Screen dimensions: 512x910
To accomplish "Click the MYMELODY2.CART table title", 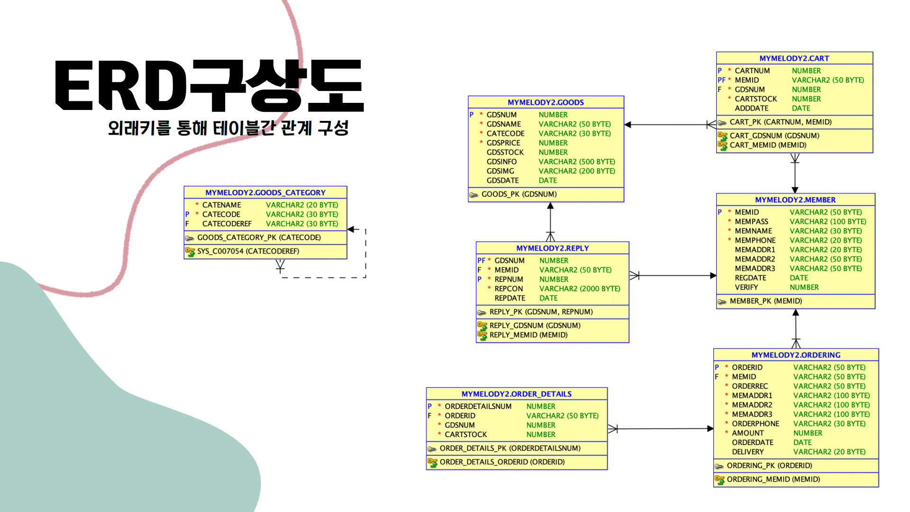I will [x=794, y=58].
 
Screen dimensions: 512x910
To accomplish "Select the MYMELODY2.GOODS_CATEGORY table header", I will [x=265, y=192].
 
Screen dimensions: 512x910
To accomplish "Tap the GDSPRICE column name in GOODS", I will [x=503, y=143].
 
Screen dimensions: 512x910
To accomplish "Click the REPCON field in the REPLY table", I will [x=509, y=289].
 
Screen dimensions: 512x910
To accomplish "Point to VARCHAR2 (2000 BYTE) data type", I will [x=579, y=289].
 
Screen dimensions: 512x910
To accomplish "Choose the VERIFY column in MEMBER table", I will [x=746, y=287].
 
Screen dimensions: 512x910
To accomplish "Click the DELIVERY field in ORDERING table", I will [x=747, y=452].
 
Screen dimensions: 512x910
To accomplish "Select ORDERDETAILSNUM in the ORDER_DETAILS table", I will [x=478, y=406].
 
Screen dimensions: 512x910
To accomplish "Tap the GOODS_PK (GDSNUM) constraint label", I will [x=519, y=194].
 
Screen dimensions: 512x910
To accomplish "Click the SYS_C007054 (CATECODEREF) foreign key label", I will [x=248, y=251].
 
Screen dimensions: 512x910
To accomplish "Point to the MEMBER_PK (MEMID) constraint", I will [x=765, y=301].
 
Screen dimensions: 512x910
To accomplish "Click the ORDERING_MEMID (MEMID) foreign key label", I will [x=773, y=479].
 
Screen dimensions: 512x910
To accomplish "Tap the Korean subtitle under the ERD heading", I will [x=228, y=128].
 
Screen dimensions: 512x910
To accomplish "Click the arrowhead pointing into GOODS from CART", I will [x=628, y=125].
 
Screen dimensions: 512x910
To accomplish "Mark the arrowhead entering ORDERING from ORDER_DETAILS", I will [x=710, y=429].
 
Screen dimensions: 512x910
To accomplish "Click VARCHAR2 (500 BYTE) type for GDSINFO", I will [x=576, y=162].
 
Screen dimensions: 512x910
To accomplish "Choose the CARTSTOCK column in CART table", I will [x=755, y=99].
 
